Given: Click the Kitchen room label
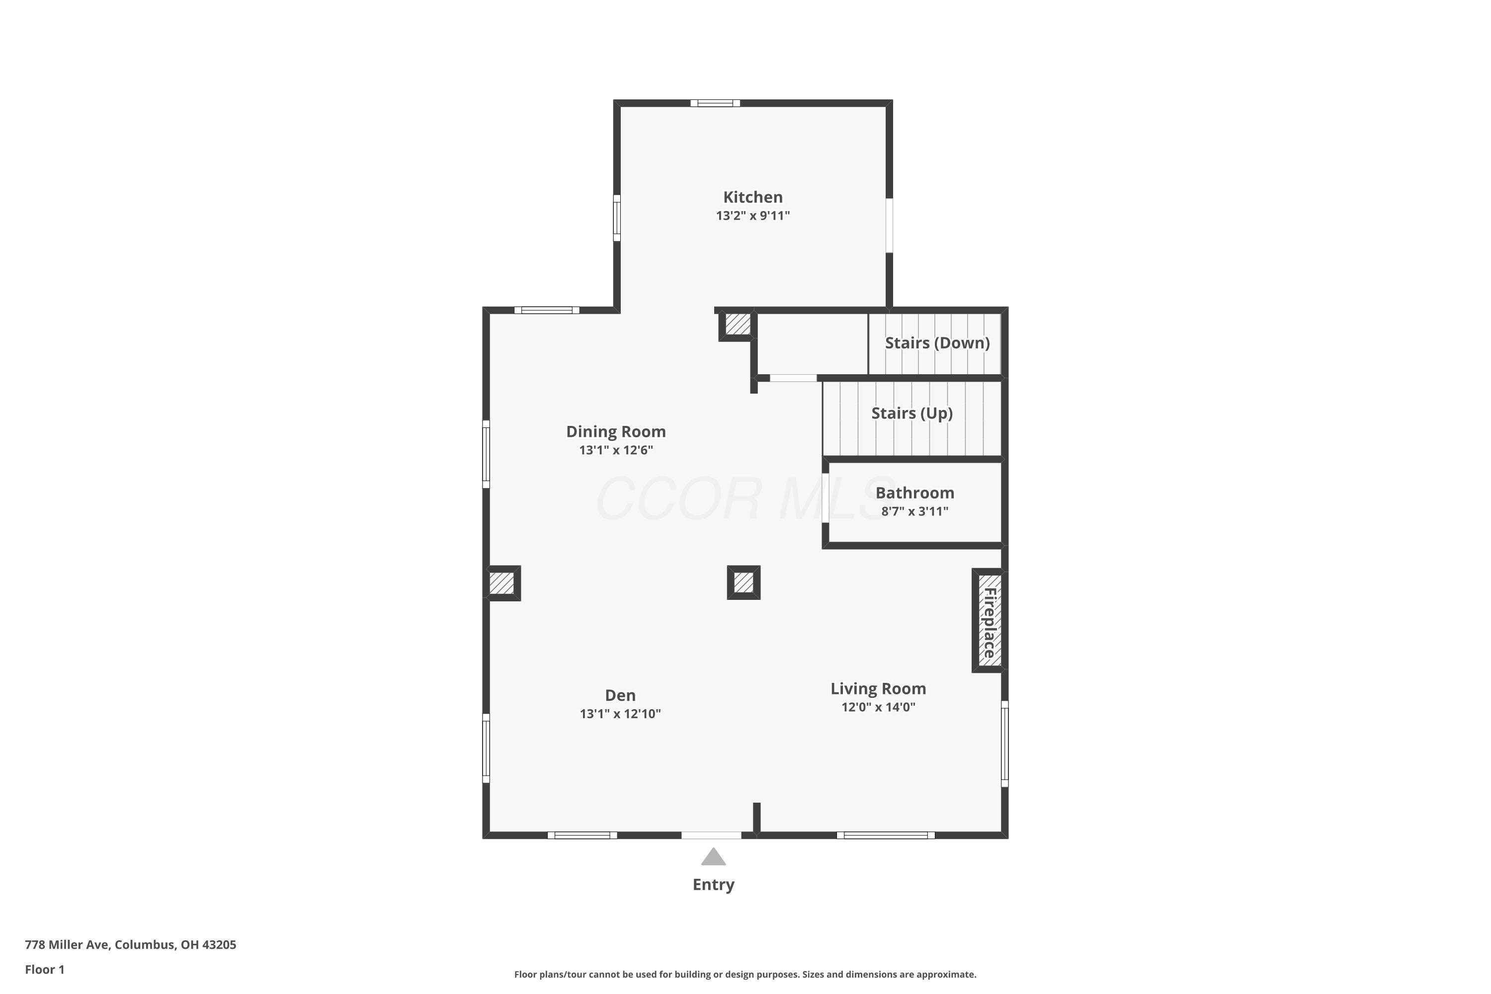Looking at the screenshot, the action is point(752,197).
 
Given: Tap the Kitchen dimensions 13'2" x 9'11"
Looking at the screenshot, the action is point(752,216).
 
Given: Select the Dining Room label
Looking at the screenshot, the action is point(616,432).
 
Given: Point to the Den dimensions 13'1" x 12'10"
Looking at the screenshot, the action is point(620,714).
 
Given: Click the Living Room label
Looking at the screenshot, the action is point(878,688).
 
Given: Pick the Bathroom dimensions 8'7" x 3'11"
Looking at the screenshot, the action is point(915,511).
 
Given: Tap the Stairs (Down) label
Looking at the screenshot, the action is point(937,343).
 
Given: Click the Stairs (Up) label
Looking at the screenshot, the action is point(911,414).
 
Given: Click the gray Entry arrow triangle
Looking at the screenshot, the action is point(713,857).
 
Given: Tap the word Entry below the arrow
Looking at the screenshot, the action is point(713,885).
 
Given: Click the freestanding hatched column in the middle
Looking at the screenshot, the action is point(744,582).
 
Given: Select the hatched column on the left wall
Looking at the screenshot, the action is point(502,583).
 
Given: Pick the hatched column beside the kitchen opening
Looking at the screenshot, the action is point(737,325).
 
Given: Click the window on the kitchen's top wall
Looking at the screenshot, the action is point(715,103).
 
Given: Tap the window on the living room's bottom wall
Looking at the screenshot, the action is point(886,835).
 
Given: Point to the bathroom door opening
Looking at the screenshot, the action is point(826,498).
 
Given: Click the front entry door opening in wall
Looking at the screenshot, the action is point(711,835).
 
